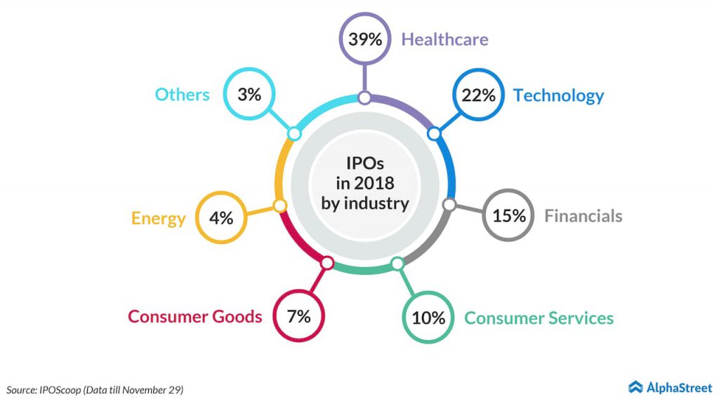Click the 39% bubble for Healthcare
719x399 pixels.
pyautogui.click(x=364, y=39)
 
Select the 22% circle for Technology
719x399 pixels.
pyautogui.click(x=479, y=95)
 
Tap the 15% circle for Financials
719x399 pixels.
pyautogui.click(x=508, y=216)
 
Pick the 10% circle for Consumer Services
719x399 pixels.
pyautogui.click(x=428, y=318)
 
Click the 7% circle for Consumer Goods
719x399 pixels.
pyautogui.click(x=298, y=316)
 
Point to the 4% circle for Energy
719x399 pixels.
pyautogui.click(x=220, y=218)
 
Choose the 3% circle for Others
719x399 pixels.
pyautogui.click(x=249, y=95)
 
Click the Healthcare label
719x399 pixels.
pyautogui.click(x=444, y=39)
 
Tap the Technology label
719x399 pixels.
pyautogui.click(x=558, y=95)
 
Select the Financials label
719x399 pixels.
pyautogui.click(x=583, y=216)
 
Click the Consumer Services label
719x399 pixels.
pyautogui.click(x=539, y=318)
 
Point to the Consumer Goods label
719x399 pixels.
pyautogui.click(x=194, y=316)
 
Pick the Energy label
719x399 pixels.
pyautogui.click(x=158, y=218)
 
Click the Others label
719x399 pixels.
pyautogui.click(x=182, y=95)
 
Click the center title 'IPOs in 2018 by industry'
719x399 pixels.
pyautogui.click(x=364, y=183)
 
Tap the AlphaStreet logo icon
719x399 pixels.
pyautogui.click(x=635, y=386)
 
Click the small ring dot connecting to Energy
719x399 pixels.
pyautogui.click(x=279, y=205)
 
